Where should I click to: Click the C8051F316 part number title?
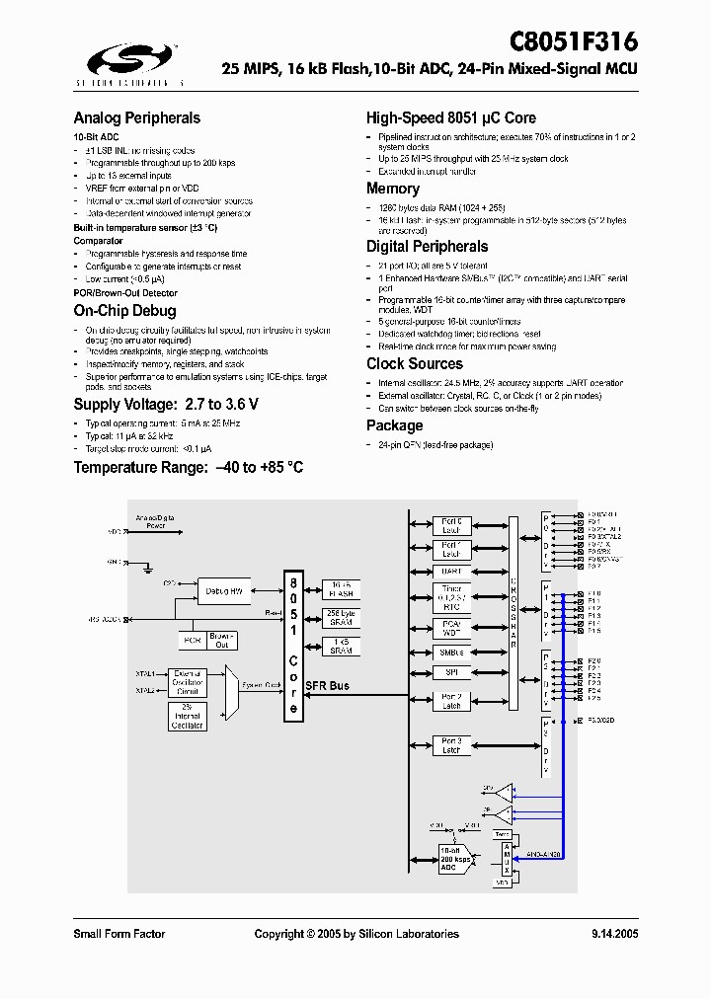573,42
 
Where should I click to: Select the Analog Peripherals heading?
136,118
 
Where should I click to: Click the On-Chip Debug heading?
124,311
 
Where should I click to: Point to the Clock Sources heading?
414,364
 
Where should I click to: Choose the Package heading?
394,425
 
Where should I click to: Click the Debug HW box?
225,591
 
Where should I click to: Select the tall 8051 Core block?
293,646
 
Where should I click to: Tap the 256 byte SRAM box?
341,619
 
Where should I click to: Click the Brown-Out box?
221,640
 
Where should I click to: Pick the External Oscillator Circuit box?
188,682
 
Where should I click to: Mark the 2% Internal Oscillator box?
187,717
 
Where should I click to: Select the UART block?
451,572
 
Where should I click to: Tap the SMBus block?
451,653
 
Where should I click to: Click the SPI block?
451,673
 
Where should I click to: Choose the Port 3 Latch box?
451,745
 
